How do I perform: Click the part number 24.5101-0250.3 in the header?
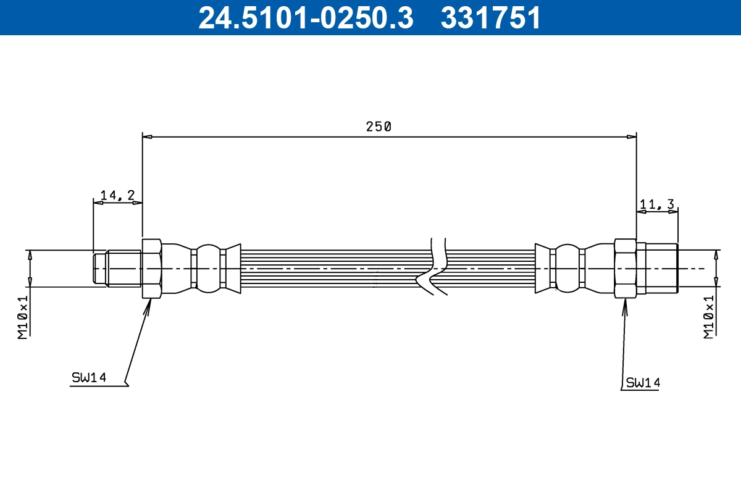coord(305,17)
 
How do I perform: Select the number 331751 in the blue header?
coord(490,17)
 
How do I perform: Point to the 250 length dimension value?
coord(379,127)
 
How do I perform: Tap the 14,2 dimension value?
coord(117,195)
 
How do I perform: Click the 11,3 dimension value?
coord(657,204)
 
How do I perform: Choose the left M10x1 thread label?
coord(23,316)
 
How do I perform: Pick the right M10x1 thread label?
coord(709,316)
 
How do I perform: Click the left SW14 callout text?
coord(89,377)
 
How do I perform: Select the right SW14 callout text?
coord(642,383)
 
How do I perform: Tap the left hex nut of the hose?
coord(152,269)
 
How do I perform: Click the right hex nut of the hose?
coord(626,269)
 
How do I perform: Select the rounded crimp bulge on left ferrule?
coord(207,268)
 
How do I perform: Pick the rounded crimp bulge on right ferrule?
coord(567,268)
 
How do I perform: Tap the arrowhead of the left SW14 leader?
coord(148,304)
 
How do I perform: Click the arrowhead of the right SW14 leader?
coord(624,304)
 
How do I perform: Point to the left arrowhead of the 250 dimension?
coord(147,136)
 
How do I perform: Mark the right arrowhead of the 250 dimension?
coord(632,136)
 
